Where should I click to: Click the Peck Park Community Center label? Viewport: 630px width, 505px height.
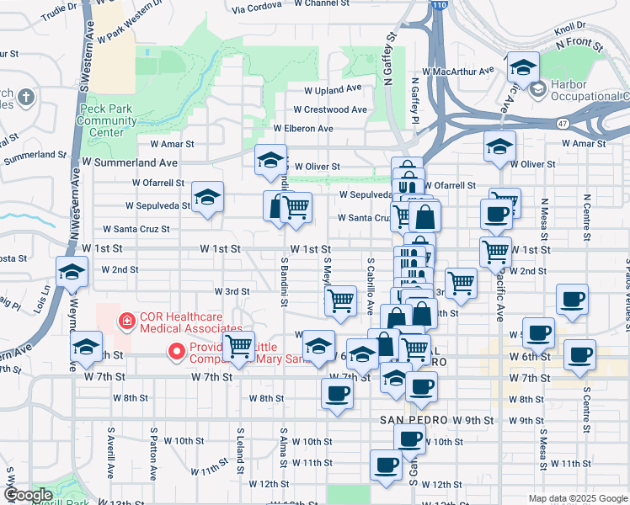coord(107,120)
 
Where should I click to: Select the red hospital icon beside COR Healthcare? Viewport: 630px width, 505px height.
coord(127,321)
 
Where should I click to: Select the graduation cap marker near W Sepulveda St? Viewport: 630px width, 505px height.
coord(207,199)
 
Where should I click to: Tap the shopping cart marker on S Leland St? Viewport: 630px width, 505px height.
coord(239,347)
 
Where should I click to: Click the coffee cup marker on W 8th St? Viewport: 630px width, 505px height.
coord(338,394)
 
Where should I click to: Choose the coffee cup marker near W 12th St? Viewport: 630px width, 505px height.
coord(387,465)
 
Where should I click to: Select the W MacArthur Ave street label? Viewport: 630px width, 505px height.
coord(459,72)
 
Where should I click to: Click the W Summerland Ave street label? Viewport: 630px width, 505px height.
coord(130,162)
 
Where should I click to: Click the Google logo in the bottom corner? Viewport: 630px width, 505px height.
coord(28,495)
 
